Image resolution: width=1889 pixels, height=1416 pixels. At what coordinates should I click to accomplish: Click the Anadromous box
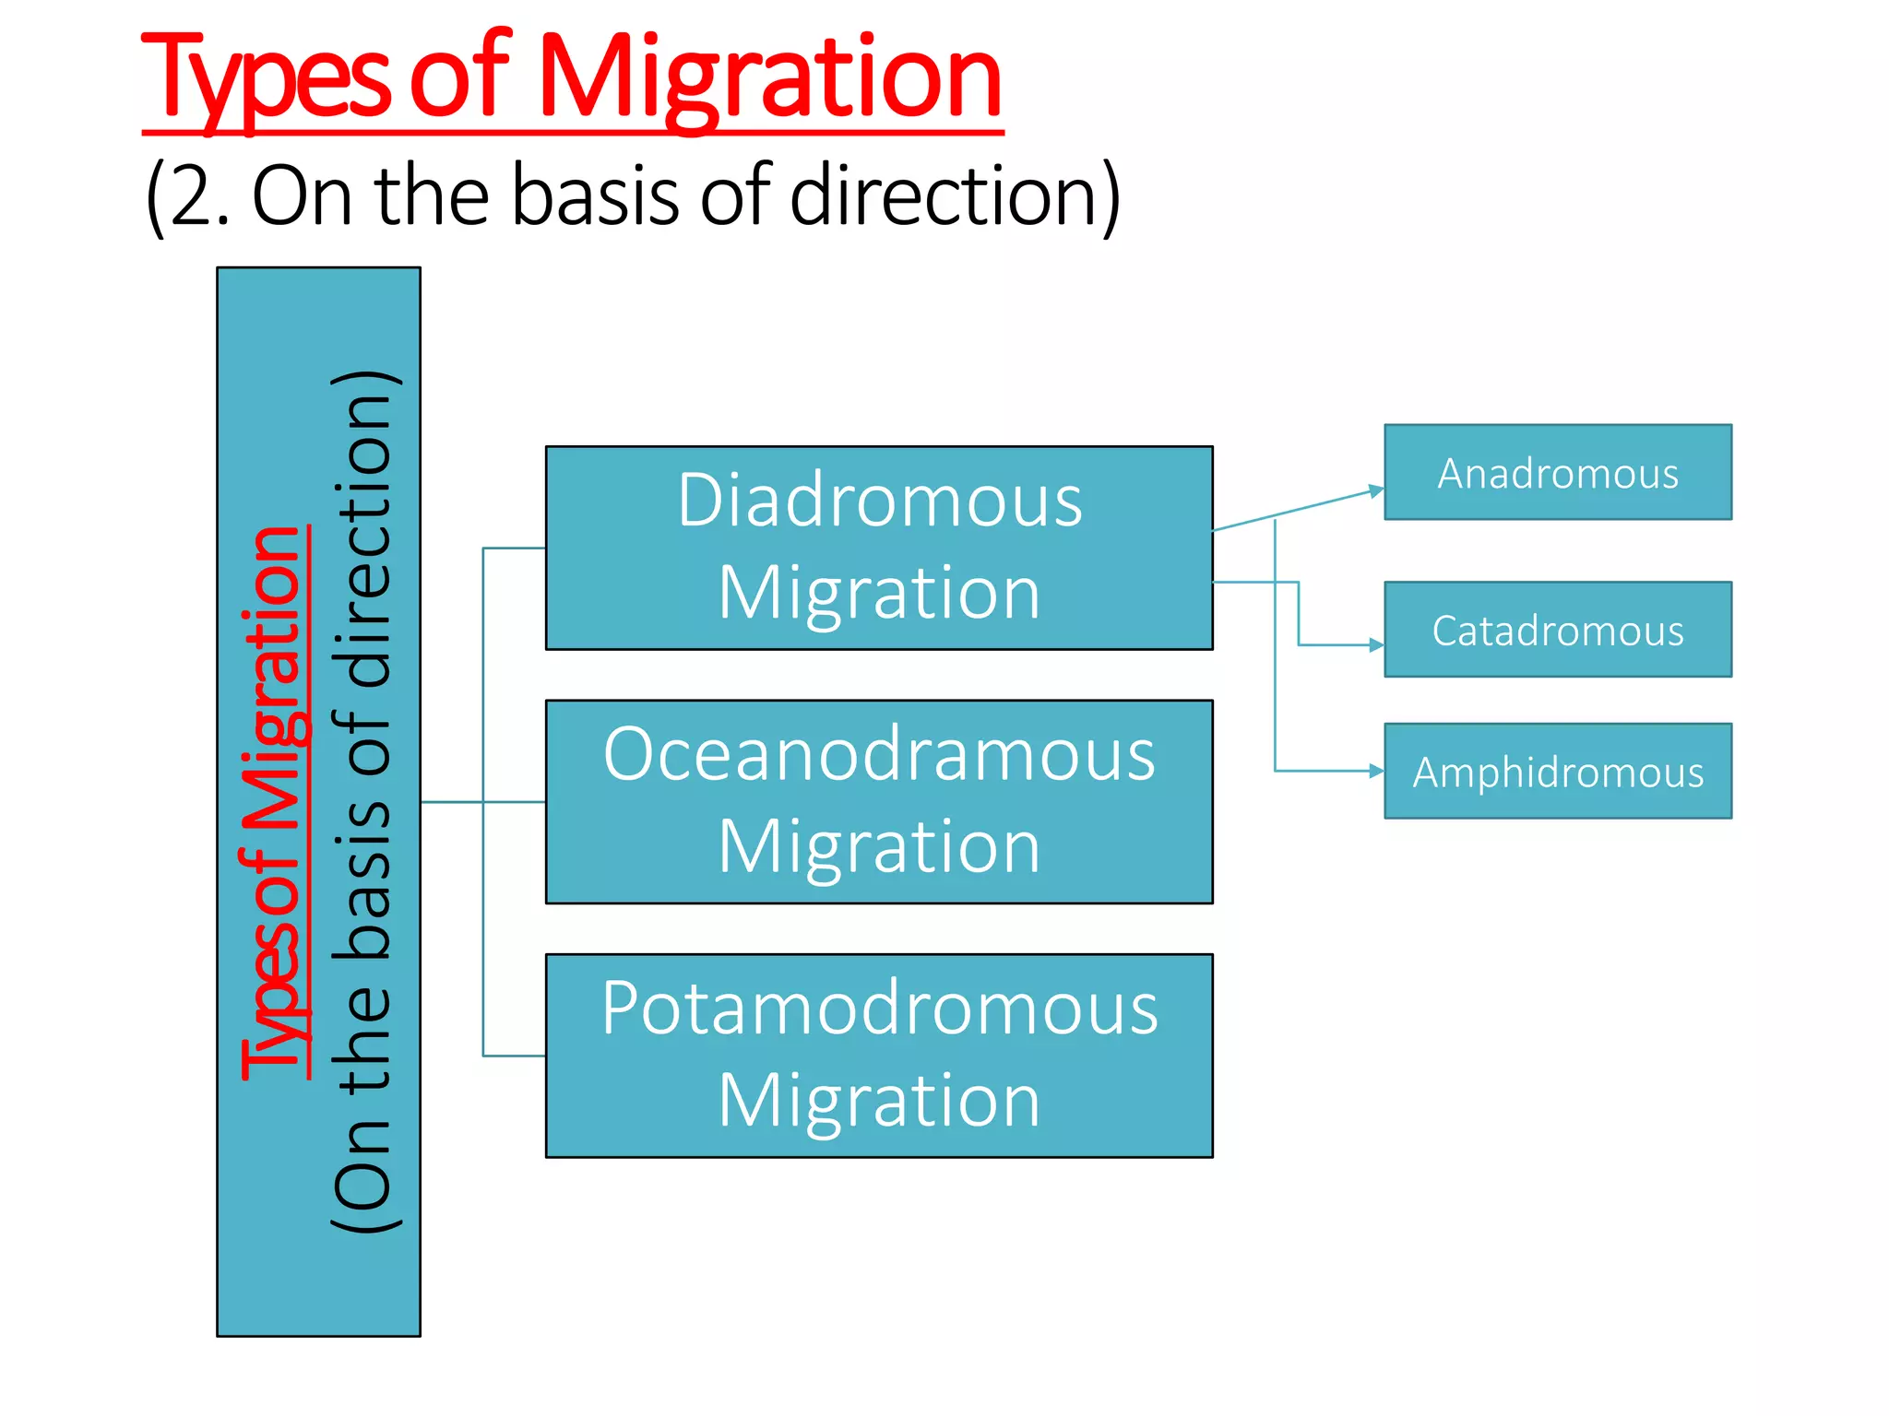(x=1557, y=473)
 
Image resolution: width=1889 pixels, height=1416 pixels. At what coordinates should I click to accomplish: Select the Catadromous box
(x=1557, y=630)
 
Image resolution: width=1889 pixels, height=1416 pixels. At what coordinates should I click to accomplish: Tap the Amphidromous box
(x=1557, y=772)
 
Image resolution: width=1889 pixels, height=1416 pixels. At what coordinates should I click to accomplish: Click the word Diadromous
(x=879, y=501)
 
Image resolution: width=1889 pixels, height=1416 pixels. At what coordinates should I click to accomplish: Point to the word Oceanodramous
(x=879, y=754)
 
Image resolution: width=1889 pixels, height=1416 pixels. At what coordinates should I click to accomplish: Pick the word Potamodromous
(x=879, y=1009)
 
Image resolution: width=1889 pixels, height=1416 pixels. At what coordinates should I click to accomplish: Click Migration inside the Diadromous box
(x=879, y=593)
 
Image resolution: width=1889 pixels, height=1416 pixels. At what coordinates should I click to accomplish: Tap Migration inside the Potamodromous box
(x=879, y=1101)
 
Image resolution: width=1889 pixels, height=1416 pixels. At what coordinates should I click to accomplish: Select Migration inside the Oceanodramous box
(x=879, y=846)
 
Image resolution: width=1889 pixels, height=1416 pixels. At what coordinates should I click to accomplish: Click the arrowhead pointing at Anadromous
(x=1376, y=490)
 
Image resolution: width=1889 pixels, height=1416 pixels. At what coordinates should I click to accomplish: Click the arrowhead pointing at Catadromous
(x=1376, y=645)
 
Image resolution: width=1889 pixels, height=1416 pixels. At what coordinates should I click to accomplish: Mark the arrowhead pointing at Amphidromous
(x=1376, y=771)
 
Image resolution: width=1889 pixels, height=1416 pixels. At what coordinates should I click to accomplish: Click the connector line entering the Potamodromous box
(x=515, y=1056)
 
